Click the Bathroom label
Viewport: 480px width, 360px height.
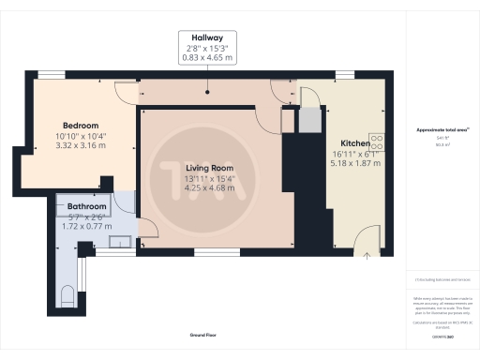click(x=86, y=207)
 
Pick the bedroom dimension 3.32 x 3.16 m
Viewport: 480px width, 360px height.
click(x=81, y=146)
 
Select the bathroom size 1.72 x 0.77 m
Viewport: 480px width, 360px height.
click(x=86, y=227)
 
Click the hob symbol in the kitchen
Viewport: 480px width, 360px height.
click(x=378, y=142)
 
